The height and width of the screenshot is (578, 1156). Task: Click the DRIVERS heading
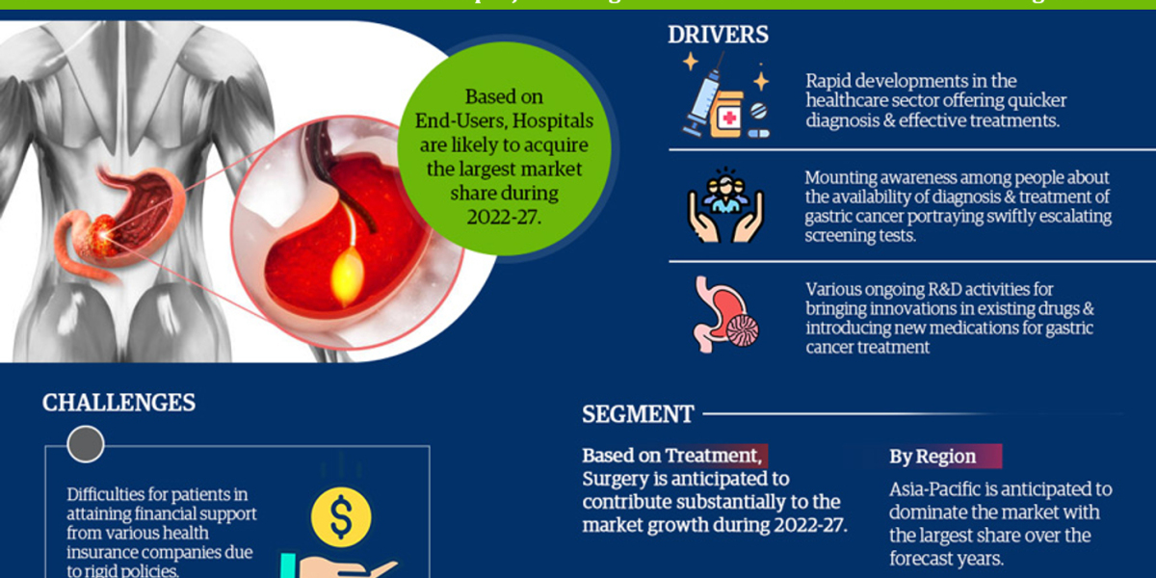tap(718, 35)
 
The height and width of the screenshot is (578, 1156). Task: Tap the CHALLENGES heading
tap(118, 402)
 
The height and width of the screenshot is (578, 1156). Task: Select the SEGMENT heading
tap(638, 414)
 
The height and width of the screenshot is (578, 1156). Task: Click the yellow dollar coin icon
tap(341, 517)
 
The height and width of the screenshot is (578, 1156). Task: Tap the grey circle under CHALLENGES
tap(86, 443)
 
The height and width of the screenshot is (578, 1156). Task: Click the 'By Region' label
tap(932, 457)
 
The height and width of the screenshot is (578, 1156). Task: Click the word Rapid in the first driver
tap(829, 81)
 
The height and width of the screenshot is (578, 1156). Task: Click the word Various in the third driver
tap(834, 288)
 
